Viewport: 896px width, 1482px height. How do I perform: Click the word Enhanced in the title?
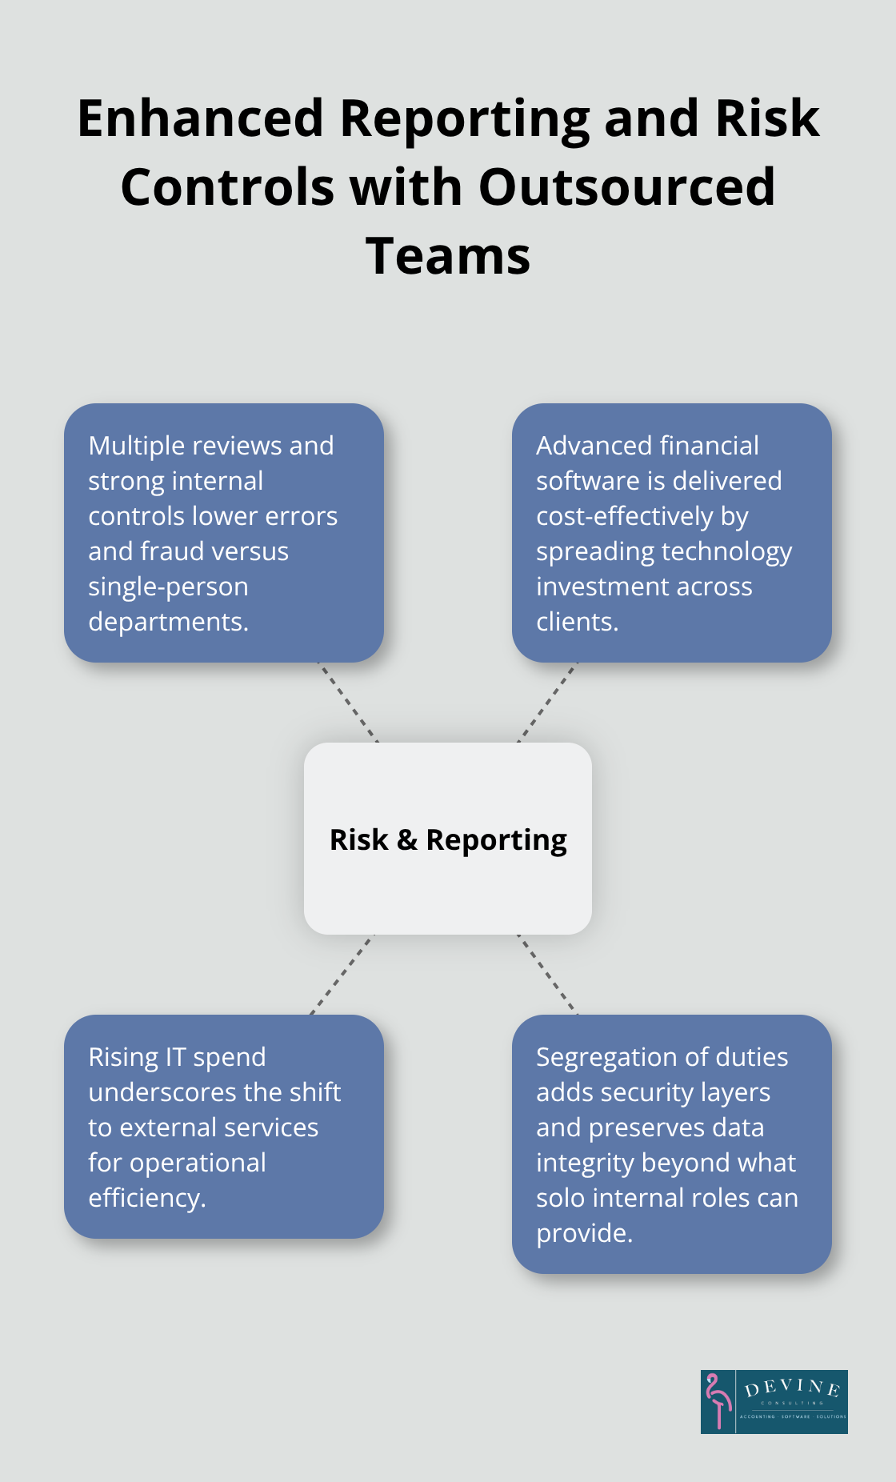(200, 119)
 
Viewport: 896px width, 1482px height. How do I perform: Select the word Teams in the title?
(448, 257)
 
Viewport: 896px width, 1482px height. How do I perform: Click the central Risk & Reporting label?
(448, 839)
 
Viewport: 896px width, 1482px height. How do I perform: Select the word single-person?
(168, 587)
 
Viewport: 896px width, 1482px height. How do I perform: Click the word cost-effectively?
(625, 516)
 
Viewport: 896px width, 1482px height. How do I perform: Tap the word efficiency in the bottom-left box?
(146, 1198)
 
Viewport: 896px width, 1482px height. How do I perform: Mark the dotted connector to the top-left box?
(348, 703)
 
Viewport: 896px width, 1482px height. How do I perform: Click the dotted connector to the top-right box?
(547, 703)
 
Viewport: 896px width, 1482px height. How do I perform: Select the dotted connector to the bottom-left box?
(342, 975)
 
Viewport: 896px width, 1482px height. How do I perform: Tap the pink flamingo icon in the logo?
(718, 1401)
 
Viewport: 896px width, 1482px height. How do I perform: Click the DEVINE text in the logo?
(792, 1388)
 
